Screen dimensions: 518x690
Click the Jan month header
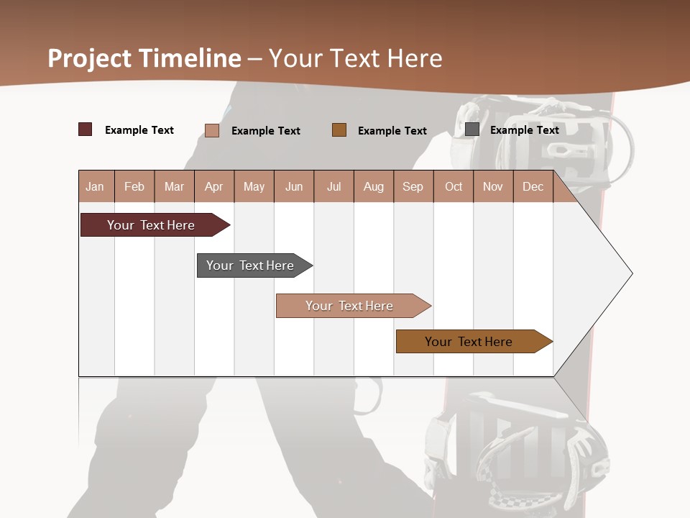(95, 186)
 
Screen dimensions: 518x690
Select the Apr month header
(213, 186)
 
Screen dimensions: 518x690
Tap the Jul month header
(333, 186)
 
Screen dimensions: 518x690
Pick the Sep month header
(413, 186)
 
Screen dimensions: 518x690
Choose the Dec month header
(533, 186)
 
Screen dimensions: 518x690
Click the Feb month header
(134, 186)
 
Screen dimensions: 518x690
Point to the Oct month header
(453, 186)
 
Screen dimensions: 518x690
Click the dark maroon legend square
(86, 129)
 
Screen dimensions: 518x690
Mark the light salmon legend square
(212, 130)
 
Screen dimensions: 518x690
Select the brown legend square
(339, 129)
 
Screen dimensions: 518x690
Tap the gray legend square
(472, 129)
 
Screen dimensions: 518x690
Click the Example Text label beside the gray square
(524, 129)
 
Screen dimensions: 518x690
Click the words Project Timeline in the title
(144, 58)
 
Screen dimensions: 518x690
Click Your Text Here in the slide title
(355, 58)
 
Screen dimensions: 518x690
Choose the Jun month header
(293, 186)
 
